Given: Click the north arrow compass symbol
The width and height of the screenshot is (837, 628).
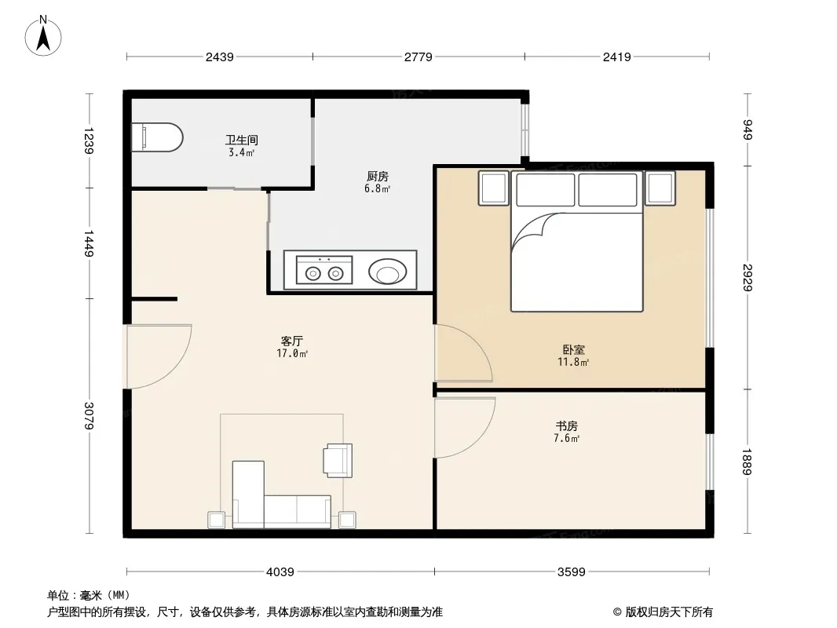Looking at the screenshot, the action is pos(43,36).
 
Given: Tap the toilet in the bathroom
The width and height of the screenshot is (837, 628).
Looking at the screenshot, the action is pos(158,137).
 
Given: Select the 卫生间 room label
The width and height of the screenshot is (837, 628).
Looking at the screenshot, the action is pos(242,140).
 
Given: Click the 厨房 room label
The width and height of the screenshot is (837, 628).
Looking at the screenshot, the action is pos(378,176).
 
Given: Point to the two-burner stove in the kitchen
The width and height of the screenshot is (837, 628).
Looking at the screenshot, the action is pos(324,270).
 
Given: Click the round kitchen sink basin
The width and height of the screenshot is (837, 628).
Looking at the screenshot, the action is pos(388,272).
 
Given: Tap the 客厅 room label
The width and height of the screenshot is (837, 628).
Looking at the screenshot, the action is pos(292,341).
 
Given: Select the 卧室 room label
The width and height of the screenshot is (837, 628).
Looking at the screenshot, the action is pos(573,349).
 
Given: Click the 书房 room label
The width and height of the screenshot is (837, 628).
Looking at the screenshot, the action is pos(566,425).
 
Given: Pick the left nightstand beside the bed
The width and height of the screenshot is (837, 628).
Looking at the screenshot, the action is pos(494,188).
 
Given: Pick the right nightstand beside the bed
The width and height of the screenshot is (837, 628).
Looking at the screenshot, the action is pos(660,188).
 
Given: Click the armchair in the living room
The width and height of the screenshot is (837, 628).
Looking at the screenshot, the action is pos(338,460).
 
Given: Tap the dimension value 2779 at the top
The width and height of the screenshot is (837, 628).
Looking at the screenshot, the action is pos(418,57).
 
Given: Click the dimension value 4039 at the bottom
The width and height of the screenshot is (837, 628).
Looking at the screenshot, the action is pos(280,572).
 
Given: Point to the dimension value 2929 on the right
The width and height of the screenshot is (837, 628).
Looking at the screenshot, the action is pos(747,277).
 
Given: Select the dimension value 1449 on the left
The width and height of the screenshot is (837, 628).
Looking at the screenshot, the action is pos(90,243).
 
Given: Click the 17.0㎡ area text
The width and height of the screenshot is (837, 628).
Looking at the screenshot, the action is pos(292,353).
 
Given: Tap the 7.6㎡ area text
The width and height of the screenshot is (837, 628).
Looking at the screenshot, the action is pos(566,438).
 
